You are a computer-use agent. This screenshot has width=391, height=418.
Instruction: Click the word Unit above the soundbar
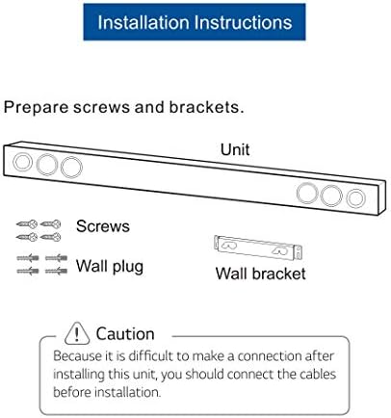coord(235,149)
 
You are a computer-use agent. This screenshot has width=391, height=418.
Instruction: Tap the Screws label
coord(103,226)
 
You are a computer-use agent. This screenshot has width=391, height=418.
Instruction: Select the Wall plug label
coord(110,265)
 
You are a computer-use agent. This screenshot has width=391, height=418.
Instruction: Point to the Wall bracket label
coord(260,274)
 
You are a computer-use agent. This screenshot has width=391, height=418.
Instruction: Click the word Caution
coord(125,334)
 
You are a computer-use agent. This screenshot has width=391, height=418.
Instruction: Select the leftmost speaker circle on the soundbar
coord(24,161)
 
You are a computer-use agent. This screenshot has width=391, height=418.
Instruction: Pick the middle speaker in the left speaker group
coord(46,164)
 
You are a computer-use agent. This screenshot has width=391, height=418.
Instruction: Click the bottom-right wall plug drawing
coord(56,272)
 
